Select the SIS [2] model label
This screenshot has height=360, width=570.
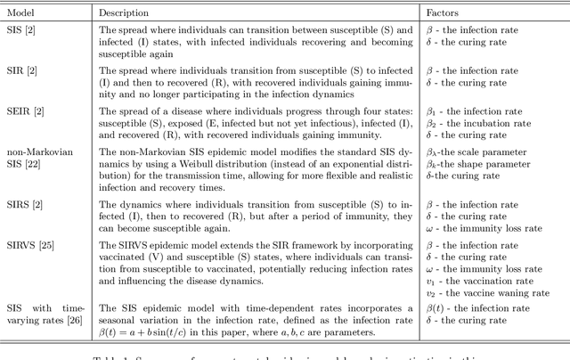[25, 30]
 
